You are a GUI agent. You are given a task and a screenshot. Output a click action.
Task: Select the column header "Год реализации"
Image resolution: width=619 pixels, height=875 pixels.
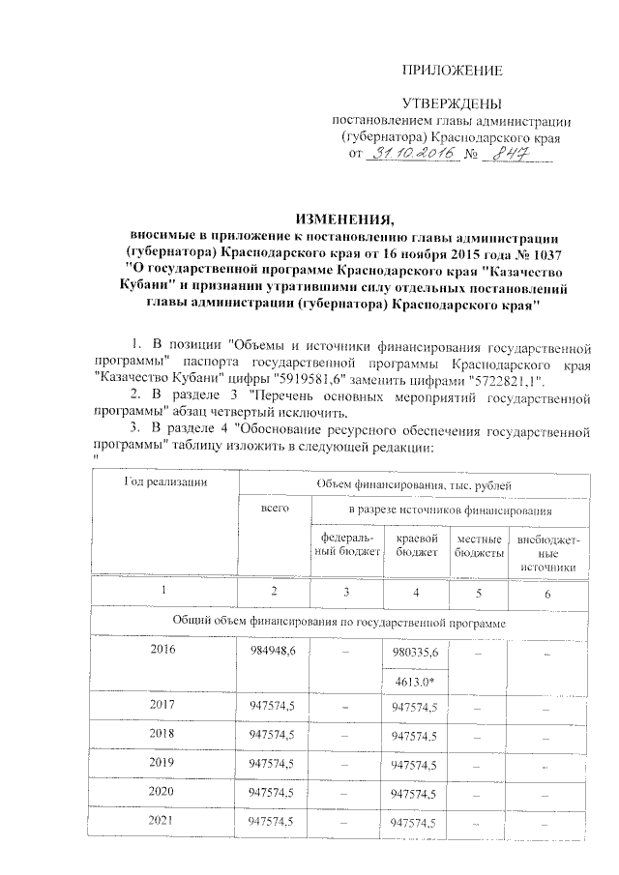point(166,481)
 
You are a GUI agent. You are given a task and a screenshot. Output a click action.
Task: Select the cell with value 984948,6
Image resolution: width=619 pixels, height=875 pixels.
point(273,650)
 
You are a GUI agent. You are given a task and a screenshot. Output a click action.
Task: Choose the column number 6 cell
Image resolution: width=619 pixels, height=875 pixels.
point(547,593)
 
